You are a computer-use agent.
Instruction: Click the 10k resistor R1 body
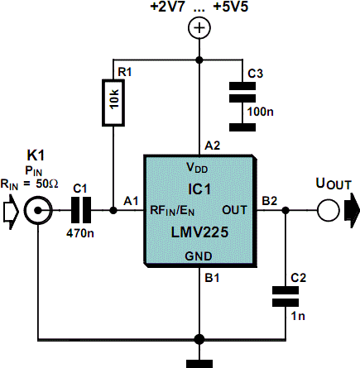(113, 103)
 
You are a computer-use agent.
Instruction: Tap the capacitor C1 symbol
(81, 210)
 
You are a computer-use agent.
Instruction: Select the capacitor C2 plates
(286, 297)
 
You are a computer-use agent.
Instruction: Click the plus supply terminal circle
(199, 27)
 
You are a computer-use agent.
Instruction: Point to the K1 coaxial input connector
(38, 211)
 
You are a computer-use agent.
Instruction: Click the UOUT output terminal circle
(328, 210)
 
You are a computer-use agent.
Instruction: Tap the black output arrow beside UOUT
(353, 211)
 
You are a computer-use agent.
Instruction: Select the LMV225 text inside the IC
(199, 232)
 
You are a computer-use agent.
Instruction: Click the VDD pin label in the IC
(197, 168)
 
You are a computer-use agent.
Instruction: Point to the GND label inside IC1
(199, 256)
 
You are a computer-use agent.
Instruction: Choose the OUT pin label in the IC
(234, 210)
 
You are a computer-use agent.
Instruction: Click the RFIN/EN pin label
(172, 210)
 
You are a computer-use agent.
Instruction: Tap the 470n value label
(80, 233)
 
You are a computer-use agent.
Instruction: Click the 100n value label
(261, 112)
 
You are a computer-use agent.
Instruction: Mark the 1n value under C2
(298, 316)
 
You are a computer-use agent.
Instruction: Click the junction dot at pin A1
(113, 211)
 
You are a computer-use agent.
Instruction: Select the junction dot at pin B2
(286, 211)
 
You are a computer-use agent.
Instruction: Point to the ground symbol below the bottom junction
(199, 364)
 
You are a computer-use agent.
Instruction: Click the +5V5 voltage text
(231, 7)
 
